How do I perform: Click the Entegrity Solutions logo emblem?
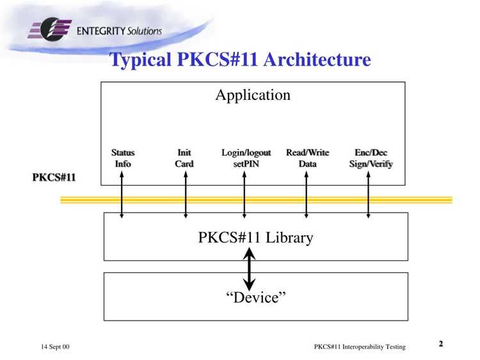pos(49,29)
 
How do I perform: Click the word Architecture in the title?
pos(317,59)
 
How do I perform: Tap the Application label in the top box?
pos(253,95)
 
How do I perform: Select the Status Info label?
pos(123,158)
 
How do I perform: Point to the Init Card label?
pos(184,158)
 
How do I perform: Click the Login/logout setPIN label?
pos(246,158)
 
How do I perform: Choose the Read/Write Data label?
pos(307,158)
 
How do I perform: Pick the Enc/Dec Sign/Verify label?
pos(371,158)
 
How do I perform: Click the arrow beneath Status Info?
pos(122,195)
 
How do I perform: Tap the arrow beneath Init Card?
pos(186,195)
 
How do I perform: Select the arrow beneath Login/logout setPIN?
pos(244,195)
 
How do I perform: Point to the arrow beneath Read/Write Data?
pos(306,195)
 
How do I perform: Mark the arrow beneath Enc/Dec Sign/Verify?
pos(368,195)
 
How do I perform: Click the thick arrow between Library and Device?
pos(249,269)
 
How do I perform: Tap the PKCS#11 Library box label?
pos(255,238)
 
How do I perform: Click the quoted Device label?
pos(256,297)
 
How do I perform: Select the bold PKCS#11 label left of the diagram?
pos(54,177)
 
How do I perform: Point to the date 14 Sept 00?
pos(55,347)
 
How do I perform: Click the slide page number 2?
pos(441,343)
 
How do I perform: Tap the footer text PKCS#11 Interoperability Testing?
pos(360,347)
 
